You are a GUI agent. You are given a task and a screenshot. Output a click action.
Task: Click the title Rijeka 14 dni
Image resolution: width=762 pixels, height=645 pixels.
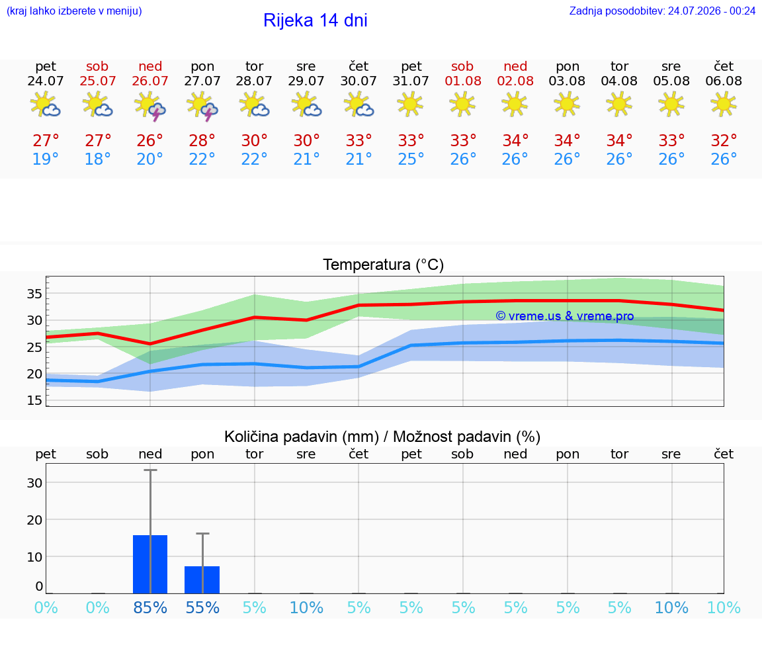[x=316, y=21]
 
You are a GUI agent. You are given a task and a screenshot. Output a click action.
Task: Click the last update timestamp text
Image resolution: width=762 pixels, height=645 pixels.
[x=662, y=11]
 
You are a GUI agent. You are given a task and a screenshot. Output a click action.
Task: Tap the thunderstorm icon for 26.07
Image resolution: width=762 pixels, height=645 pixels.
[x=150, y=106]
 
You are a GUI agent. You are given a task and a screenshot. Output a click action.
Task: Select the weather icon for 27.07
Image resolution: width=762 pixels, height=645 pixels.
[x=202, y=106]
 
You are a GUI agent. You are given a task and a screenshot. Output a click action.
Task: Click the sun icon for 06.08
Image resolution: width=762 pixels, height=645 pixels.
[x=724, y=105]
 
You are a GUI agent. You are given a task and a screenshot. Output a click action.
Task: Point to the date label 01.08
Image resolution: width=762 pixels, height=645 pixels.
[x=463, y=81]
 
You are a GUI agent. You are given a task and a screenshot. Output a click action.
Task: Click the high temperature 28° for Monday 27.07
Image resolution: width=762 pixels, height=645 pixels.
[x=202, y=140]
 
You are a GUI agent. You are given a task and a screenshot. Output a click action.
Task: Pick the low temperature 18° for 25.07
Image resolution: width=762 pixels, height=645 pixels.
[x=98, y=159]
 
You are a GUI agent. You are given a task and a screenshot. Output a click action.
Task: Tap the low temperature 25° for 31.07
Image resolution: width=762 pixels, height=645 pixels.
[x=411, y=159]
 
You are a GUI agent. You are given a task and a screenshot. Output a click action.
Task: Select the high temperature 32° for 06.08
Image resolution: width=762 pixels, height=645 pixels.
[x=724, y=140]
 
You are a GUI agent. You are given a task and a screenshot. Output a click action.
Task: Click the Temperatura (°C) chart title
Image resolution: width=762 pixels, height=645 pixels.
[x=384, y=265]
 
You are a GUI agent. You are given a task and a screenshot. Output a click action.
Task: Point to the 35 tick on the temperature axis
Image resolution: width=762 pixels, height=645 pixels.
[x=34, y=294]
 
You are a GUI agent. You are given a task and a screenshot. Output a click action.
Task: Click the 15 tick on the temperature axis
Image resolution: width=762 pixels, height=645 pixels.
[x=34, y=400]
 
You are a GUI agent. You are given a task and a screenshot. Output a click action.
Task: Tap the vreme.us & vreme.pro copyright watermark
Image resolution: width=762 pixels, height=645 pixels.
[x=565, y=316]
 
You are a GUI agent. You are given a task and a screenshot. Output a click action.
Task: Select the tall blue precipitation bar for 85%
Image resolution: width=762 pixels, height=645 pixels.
[x=150, y=564]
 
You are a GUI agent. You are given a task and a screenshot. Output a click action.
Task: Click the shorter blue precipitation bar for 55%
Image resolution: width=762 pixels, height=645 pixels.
[x=202, y=580]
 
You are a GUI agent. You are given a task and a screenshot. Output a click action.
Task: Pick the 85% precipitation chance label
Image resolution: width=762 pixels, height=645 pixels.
[x=150, y=607]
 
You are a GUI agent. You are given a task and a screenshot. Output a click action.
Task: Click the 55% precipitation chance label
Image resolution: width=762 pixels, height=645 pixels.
[x=202, y=607]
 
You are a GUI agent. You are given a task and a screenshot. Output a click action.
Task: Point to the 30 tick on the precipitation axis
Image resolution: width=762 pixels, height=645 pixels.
[x=34, y=483]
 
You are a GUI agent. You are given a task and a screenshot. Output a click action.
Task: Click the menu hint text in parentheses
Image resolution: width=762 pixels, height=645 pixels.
[x=74, y=11]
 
